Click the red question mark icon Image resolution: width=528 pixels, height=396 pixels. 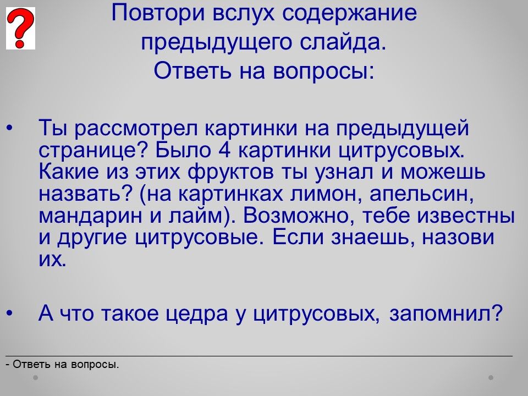pyautogui.click(x=20, y=28)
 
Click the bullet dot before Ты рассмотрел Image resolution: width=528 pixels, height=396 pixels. pyautogui.click(x=9, y=128)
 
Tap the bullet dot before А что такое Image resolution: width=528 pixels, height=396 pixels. pyautogui.click(x=9, y=313)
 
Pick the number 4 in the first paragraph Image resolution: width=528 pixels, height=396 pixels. pyautogui.click(x=224, y=150)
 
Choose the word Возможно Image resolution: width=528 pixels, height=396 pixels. pyautogui.click(x=298, y=216)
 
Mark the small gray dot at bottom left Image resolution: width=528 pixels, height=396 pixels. pyautogui.click(x=35, y=377)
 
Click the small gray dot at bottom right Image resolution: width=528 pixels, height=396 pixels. pyautogui.click(x=491, y=377)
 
